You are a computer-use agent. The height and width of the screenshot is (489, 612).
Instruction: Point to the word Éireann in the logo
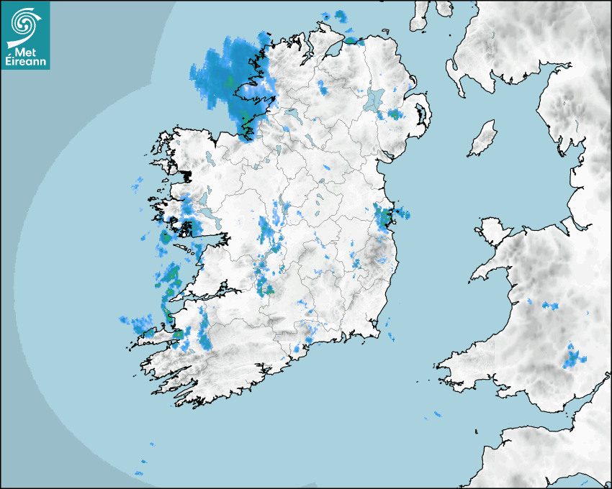click(25, 63)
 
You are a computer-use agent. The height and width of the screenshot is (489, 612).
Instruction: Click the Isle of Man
click(483, 138)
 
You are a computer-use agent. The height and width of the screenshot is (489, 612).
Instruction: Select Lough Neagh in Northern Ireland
click(374, 100)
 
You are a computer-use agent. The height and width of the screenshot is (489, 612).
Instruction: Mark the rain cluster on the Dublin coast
click(386, 215)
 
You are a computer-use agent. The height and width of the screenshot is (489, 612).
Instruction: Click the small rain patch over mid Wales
click(552, 306)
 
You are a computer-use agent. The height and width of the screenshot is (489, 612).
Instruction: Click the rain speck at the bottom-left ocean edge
click(139, 474)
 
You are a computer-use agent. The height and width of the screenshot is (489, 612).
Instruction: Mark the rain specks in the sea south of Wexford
click(436, 414)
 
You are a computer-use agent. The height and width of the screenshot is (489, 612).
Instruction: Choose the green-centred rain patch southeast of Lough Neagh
click(394, 114)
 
